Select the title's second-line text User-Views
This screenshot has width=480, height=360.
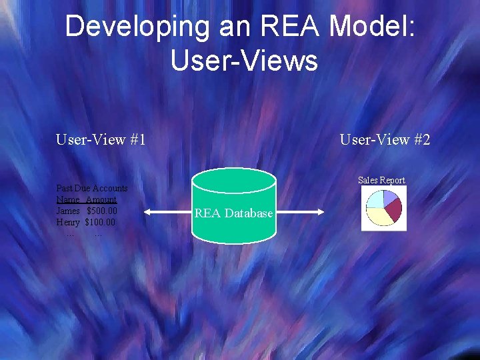pos(244,60)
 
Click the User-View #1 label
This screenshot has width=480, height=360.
pos(101,140)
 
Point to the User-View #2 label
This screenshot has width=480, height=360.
pos(385,140)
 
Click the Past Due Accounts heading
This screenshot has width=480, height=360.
pos(92,189)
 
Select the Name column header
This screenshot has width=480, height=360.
pos(68,200)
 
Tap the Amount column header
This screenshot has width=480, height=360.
pos(101,200)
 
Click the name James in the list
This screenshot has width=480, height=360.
pos(68,211)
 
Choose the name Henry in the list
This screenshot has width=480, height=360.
pos(68,222)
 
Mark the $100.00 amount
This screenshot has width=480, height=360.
pos(100,222)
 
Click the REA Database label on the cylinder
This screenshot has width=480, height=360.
pos(233,213)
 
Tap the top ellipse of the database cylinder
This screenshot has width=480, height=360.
pos(233,180)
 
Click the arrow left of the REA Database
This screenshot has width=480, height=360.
pos(168,213)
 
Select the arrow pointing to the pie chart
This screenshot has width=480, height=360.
pos(300,213)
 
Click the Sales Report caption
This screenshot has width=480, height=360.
pos(381,180)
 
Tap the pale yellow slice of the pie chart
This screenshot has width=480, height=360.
pos(379,216)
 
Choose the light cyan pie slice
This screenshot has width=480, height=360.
pos(376,199)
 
